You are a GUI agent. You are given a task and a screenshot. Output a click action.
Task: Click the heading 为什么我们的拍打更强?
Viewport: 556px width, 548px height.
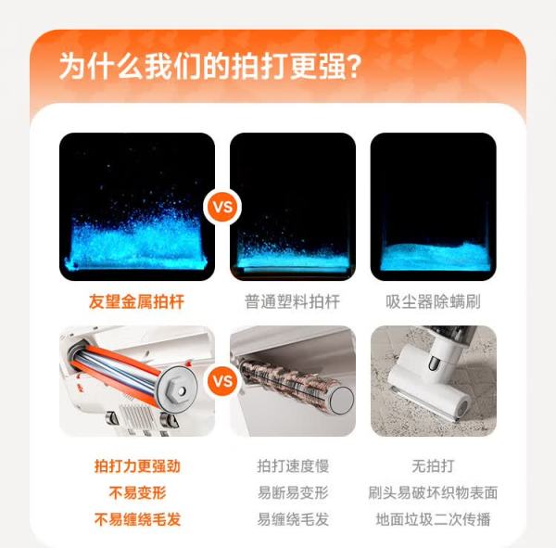point(210,66)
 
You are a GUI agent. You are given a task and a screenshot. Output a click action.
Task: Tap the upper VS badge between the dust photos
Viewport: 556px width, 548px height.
point(222,207)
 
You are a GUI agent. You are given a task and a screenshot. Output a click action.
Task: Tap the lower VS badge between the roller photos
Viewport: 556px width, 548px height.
point(222,381)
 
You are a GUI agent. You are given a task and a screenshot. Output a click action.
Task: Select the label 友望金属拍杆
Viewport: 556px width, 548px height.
point(136,301)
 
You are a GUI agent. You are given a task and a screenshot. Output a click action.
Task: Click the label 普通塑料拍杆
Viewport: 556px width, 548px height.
point(292,301)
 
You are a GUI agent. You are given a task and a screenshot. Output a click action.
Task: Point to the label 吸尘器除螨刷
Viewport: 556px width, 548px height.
point(433,301)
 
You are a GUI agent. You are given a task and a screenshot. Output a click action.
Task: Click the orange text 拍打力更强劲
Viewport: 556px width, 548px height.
point(137,466)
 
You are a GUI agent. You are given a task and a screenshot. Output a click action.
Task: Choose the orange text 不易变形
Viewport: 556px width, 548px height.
point(137,492)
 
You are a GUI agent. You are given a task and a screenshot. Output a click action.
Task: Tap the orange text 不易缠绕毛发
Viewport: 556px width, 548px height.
point(137,519)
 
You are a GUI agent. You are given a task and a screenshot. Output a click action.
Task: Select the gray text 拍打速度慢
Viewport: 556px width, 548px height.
point(293,466)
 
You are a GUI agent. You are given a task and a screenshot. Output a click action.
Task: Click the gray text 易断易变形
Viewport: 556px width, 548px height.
point(293,492)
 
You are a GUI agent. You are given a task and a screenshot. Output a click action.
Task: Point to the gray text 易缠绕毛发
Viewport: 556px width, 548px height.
point(293,519)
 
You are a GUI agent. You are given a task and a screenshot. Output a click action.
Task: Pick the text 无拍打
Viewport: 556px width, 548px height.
point(433,466)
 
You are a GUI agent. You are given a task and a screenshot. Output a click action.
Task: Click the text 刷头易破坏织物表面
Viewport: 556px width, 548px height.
point(433,492)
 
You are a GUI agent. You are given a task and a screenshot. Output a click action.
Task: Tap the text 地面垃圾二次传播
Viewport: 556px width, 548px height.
point(433,519)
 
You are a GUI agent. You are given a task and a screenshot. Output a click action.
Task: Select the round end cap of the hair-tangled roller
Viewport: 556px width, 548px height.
point(341,401)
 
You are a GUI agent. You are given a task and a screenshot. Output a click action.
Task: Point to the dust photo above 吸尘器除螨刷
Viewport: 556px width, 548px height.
point(434,207)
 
